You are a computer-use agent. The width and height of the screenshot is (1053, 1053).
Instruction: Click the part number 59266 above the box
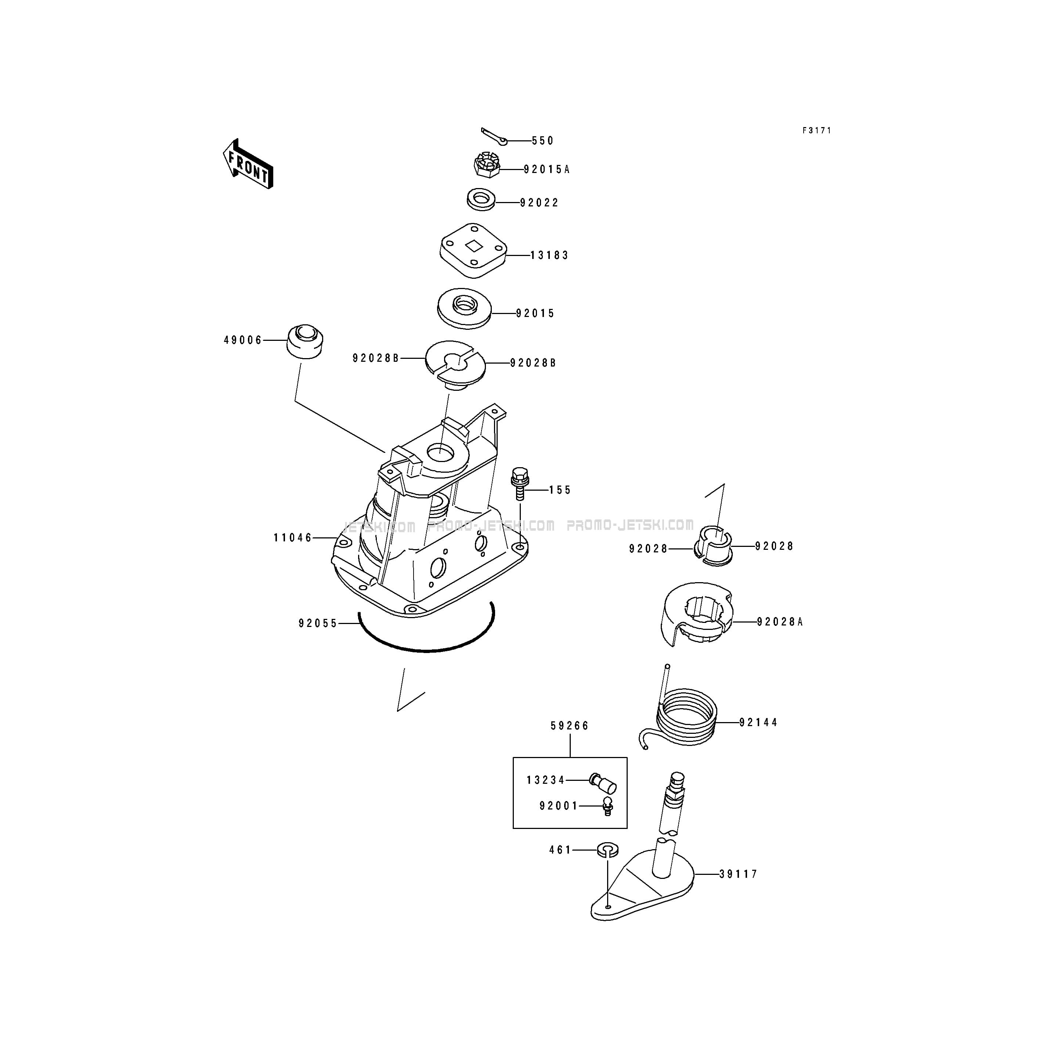click(x=570, y=726)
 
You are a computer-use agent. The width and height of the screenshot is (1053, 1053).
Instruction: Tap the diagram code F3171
click(x=816, y=131)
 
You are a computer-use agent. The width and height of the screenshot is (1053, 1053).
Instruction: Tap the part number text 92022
click(x=539, y=203)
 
